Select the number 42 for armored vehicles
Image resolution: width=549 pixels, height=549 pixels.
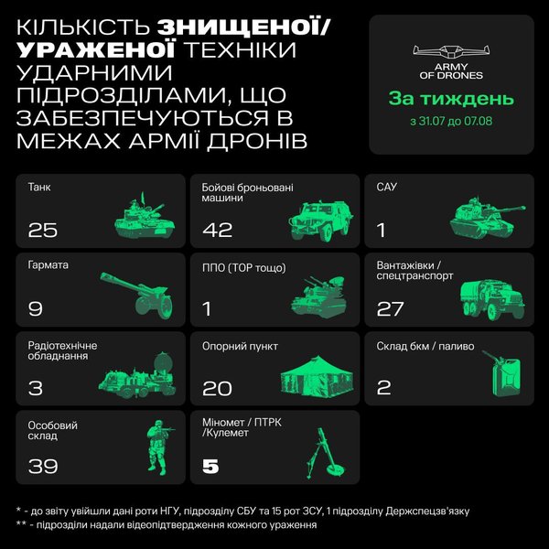pos(218,229)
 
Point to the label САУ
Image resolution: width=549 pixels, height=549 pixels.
pos(387,187)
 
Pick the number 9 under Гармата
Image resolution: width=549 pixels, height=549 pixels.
pos(35,308)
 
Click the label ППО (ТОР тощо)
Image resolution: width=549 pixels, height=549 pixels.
pos(244,266)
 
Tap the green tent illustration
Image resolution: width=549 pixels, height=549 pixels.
pos(318,377)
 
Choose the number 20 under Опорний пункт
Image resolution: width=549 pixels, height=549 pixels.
pos(217,388)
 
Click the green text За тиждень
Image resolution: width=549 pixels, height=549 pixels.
pos(451,99)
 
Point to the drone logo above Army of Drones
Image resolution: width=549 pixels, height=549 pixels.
pos(451,51)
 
